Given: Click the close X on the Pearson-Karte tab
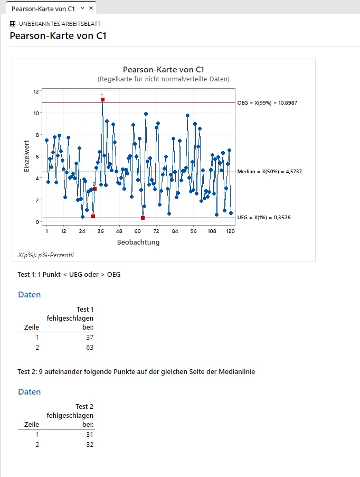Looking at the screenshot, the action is coord(91,8).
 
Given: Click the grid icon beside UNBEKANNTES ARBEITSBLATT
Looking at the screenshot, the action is coord(13,24).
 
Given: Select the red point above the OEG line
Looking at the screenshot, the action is coord(102,100).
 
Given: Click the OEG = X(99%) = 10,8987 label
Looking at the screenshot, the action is coord(267,103).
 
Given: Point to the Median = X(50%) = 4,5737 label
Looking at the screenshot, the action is coord(270,172).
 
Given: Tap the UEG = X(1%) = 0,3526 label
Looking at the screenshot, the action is coord(264,218).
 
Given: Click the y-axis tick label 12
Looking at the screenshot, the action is coord(36,91).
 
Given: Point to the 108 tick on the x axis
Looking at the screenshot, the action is coord(212,231).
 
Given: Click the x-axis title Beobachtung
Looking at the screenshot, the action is coord(138,242).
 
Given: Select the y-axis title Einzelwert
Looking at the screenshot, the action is coord(27,156).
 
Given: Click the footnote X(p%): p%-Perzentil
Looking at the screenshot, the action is coord(45,255).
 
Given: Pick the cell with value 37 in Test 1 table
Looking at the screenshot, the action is coord(90,338).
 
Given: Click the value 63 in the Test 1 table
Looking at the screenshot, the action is coord(90,348).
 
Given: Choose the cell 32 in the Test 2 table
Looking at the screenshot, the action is coord(90,445).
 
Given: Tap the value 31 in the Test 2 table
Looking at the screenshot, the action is coord(90,435).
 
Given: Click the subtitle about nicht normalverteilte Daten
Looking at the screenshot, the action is coord(163,79).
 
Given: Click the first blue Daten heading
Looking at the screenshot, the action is coord(30,295).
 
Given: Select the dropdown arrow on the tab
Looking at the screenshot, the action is coord(82,8).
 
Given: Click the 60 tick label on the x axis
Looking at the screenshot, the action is coord(138,231).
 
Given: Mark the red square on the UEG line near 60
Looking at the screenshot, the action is coord(143,218).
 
